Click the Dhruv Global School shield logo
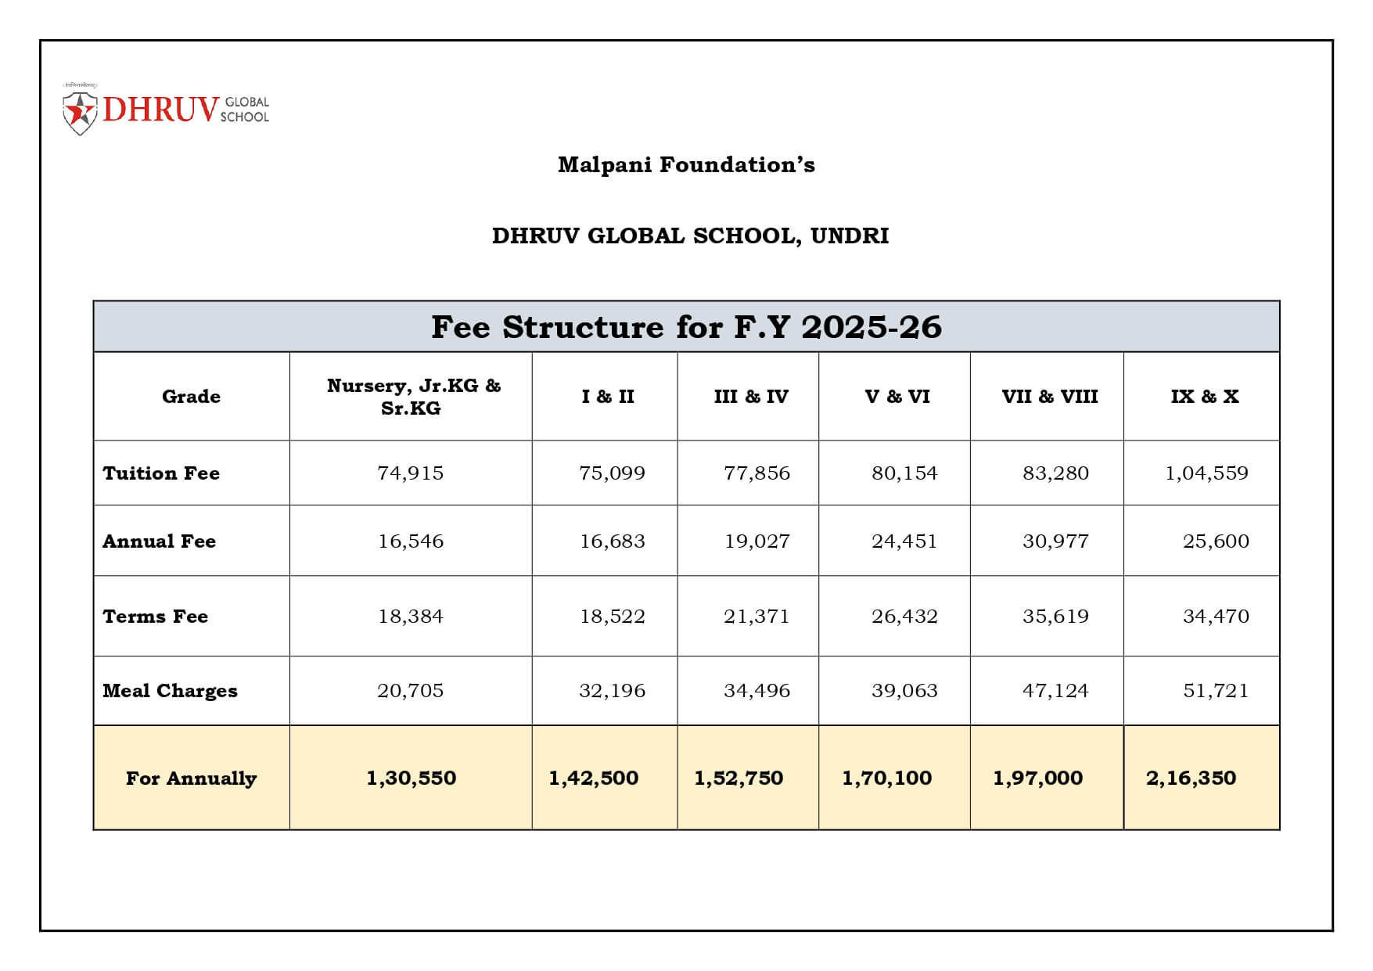80,113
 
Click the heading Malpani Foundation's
686,165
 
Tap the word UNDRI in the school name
850,236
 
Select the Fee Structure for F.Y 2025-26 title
686,327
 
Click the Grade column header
191,397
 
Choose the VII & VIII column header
1050,397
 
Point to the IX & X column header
1205,397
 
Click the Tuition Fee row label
161,473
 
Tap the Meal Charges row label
170,691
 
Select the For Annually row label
191,779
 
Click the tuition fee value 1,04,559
1206,473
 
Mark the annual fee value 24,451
904,541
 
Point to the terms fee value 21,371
757,617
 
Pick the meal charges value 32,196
612,691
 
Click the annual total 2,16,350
1191,779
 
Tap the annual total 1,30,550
411,779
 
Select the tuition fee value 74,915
410,473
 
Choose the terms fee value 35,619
1055,617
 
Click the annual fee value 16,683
612,541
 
